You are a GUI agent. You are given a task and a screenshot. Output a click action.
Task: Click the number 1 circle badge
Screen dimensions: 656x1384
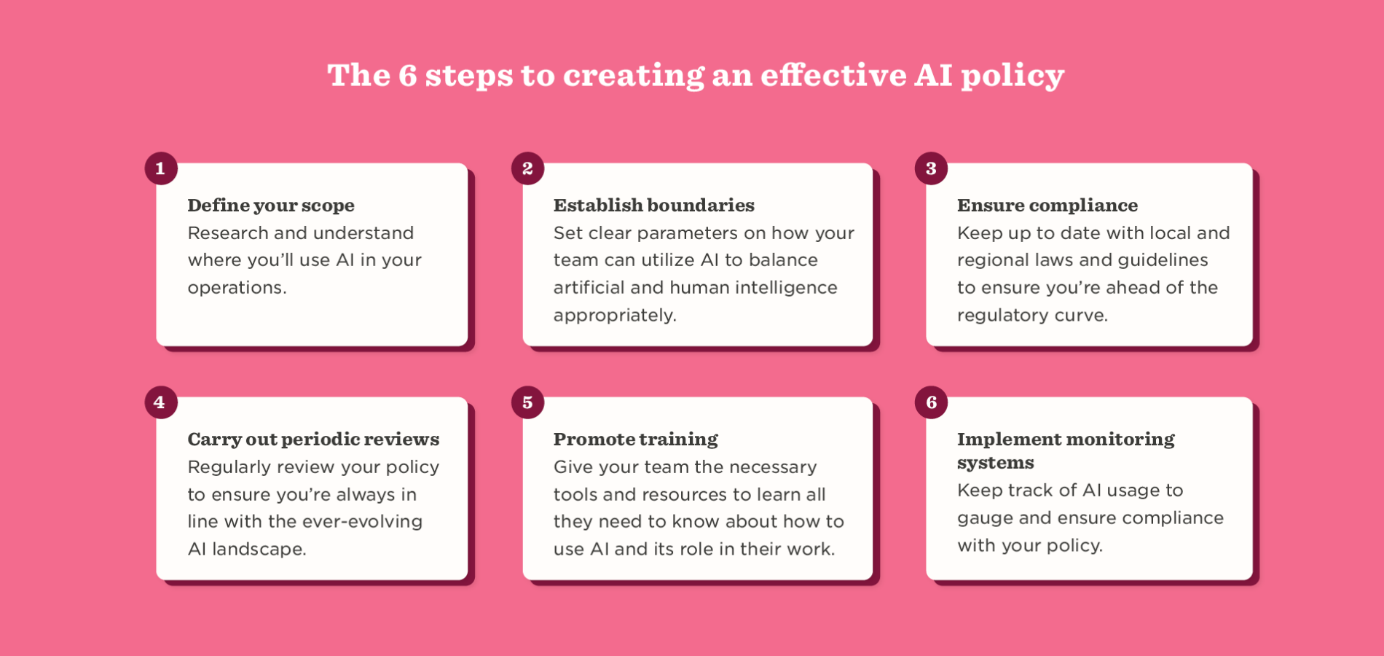pos(161,168)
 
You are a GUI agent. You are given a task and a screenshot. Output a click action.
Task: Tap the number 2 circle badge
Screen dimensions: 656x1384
pos(527,168)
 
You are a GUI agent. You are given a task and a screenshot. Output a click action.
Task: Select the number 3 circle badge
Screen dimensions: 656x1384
pos(931,168)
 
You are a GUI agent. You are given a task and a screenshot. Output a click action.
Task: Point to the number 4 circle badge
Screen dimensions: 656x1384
pos(161,402)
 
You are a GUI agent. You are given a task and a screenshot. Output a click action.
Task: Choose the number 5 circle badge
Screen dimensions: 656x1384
pos(527,402)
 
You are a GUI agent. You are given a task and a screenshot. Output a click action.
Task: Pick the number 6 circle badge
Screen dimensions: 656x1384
pos(931,402)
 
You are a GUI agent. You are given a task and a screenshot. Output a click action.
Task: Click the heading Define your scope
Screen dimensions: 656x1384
pos(271,206)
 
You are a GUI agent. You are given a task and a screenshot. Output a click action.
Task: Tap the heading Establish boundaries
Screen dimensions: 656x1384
pos(653,206)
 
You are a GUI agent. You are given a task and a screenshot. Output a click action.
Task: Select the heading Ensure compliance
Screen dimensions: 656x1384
pos(1047,206)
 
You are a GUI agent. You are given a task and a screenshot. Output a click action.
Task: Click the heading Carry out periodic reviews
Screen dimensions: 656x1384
pos(313,440)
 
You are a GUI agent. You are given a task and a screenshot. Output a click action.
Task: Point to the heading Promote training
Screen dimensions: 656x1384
pos(635,440)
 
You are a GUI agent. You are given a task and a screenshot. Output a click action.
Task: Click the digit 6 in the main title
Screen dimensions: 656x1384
pos(408,76)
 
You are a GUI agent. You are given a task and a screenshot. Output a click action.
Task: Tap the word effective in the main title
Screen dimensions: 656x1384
pos(833,76)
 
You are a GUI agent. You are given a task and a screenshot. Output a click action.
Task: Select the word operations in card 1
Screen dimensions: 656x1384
pos(236,288)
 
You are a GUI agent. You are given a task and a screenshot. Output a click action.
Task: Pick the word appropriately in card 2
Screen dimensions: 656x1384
pos(614,316)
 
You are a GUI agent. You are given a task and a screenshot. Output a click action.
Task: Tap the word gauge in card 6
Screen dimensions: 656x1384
pos(984,519)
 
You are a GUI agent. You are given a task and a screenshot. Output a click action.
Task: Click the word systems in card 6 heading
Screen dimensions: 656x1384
pos(995,464)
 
